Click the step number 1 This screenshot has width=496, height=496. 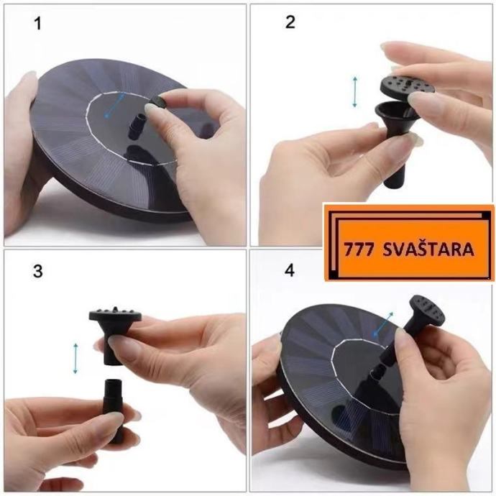pos(37,24)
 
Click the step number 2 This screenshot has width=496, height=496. pos(290,22)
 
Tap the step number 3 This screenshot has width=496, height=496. pos(37,271)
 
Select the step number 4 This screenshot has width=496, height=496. pos(290,270)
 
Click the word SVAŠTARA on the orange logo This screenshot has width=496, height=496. pos(428,249)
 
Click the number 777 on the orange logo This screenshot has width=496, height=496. pos(359,249)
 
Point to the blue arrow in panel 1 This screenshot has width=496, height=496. pos(114,106)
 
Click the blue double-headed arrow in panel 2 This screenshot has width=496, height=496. pos(355,91)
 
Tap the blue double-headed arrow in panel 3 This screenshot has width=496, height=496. pos(75,358)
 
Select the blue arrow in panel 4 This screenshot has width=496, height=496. pos(383,323)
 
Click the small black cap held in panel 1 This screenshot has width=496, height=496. pos(157,103)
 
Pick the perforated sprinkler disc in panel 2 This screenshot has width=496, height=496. pos(406,86)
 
